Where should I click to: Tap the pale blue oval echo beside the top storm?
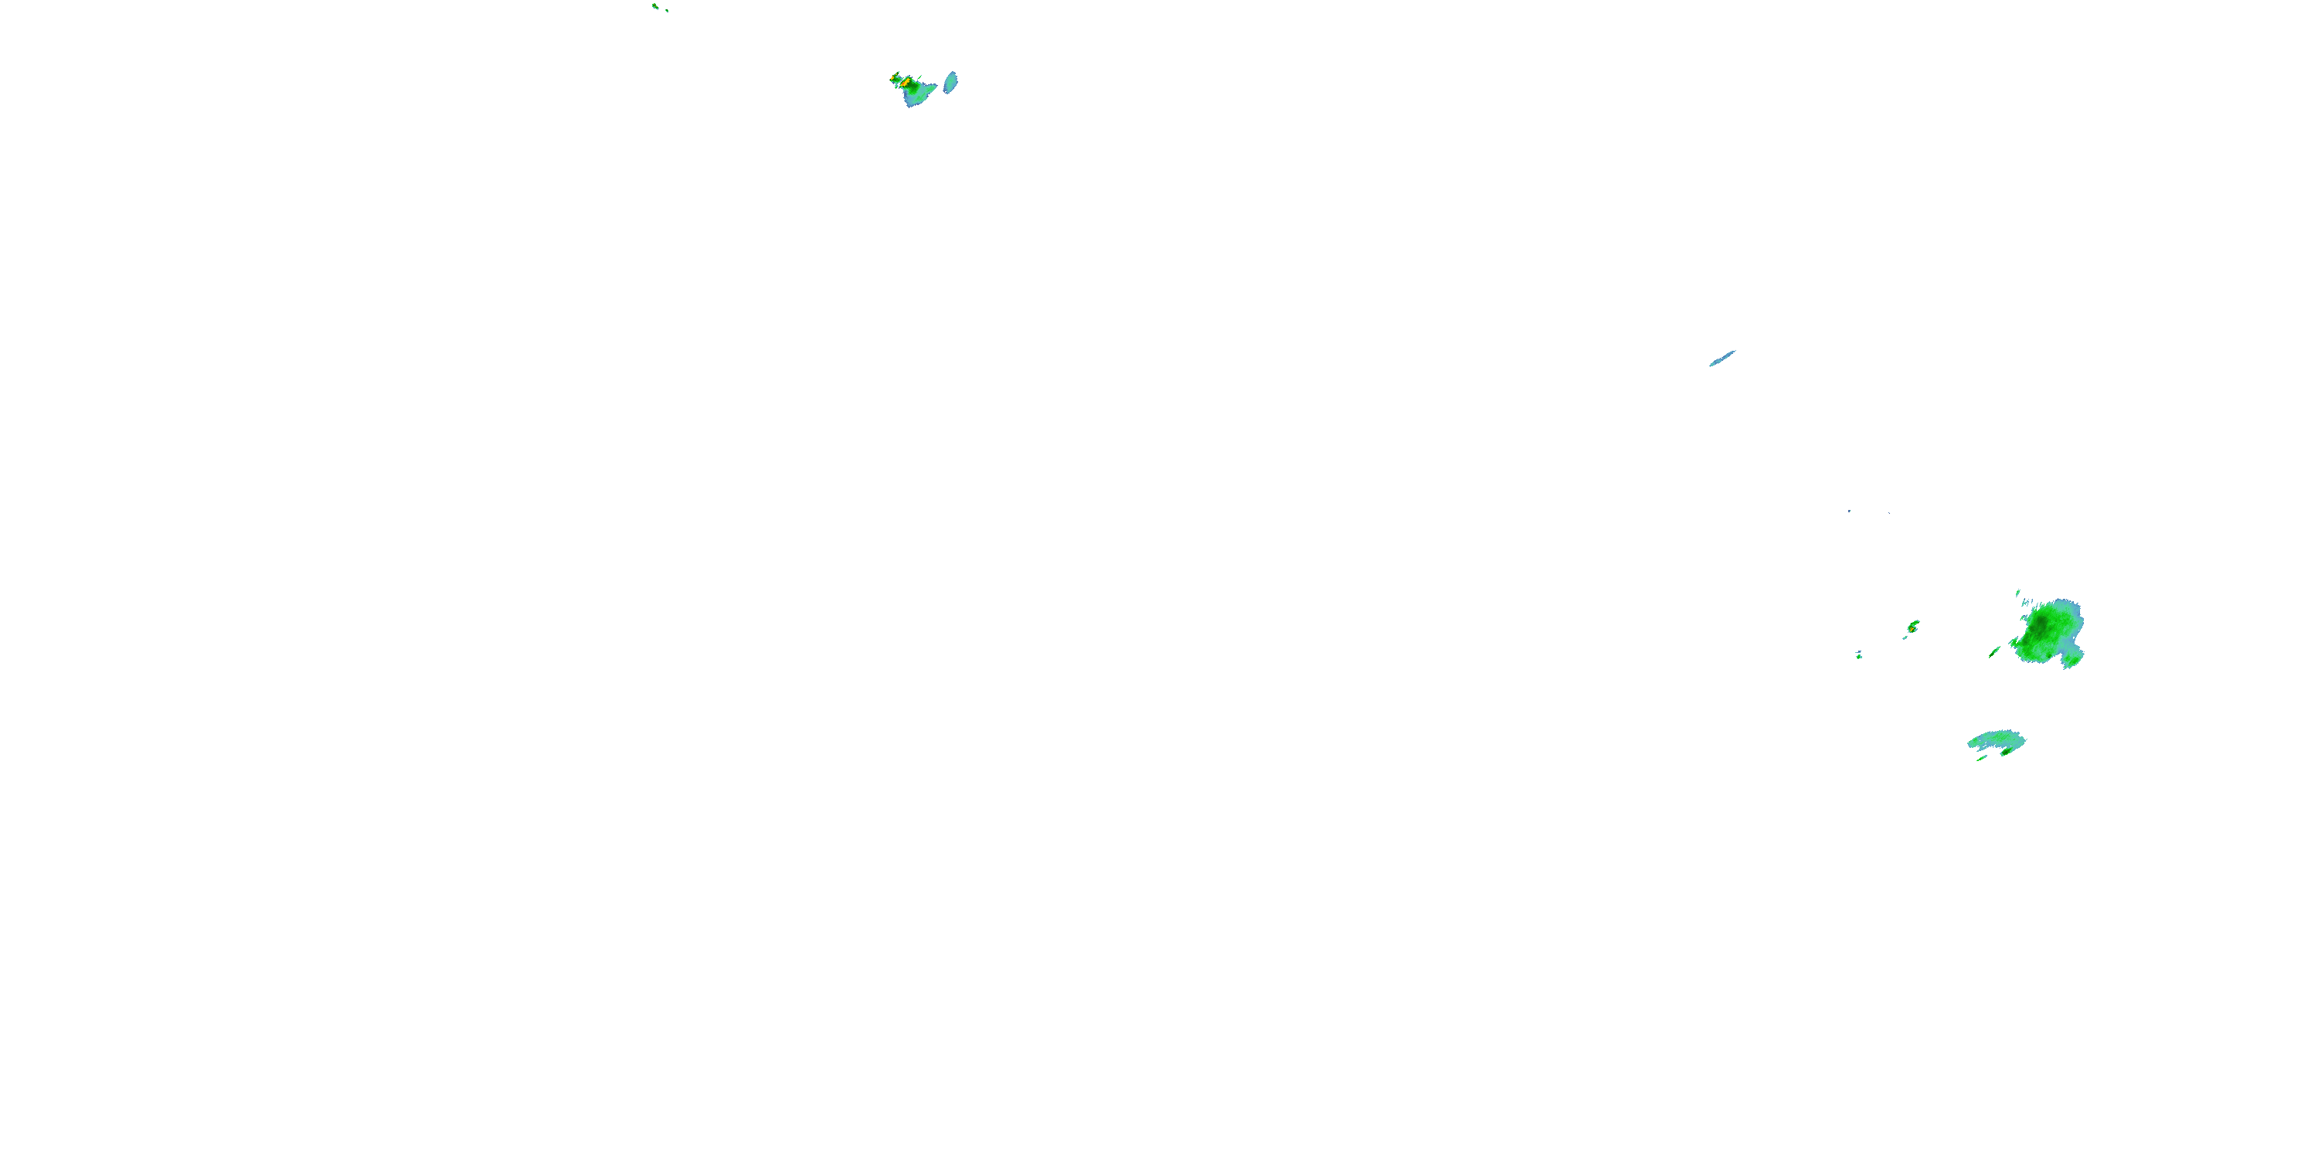(950, 83)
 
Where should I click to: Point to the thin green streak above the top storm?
(919, 76)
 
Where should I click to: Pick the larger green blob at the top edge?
(655, 5)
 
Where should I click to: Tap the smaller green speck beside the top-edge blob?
(666, 11)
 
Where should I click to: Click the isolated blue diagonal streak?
(1722, 359)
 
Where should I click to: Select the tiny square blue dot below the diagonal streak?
(1849, 511)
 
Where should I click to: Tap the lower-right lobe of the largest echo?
(2072, 660)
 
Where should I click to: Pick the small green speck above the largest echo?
(2017, 592)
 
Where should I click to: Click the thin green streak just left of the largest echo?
(1994, 651)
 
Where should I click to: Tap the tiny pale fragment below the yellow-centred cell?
(1905, 637)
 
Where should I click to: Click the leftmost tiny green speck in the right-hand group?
(1859, 655)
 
